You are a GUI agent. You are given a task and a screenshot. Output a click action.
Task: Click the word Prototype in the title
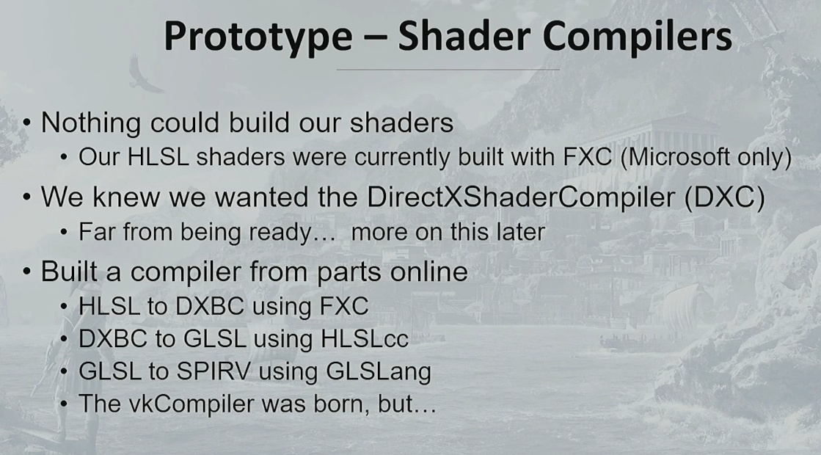coord(258,37)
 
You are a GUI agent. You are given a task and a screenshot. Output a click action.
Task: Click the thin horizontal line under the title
coord(448,69)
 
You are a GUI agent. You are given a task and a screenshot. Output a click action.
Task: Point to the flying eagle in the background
coord(143,75)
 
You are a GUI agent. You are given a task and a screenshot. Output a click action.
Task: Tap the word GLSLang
coord(379,371)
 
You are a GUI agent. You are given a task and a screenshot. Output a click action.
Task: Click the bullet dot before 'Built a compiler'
coord(26,272)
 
